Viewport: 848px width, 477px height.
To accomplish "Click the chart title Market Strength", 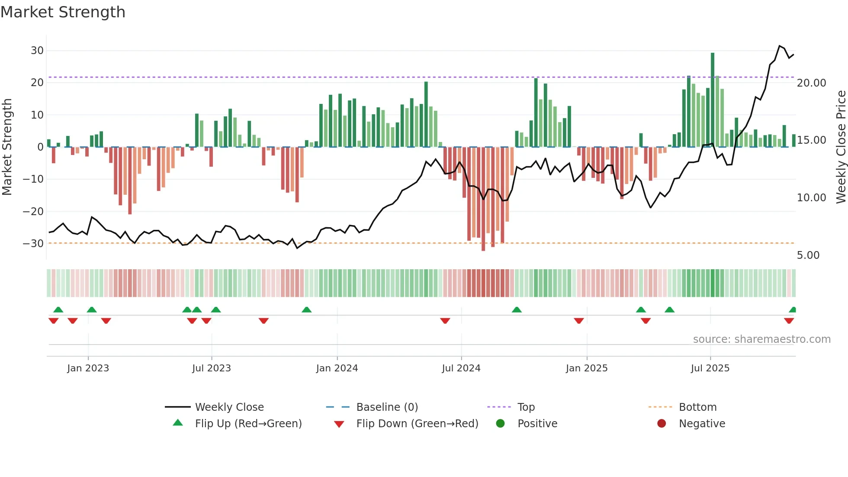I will (63, 12).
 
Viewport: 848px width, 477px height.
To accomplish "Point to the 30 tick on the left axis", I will (37, 51).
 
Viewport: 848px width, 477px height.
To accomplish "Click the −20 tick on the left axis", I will (33, 212).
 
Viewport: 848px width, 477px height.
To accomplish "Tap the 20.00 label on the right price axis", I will (811, 83).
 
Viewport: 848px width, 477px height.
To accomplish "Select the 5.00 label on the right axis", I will (808, 255).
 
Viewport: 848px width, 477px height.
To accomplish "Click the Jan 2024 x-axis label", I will (337, 368).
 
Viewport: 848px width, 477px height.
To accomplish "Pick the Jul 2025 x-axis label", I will (710, 368).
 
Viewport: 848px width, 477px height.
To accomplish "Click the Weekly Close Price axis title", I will (841, 147).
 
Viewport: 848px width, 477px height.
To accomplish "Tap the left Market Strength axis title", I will (7, 147).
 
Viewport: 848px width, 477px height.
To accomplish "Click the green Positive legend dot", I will (500, 424).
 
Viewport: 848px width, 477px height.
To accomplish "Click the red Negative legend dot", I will (661, 424).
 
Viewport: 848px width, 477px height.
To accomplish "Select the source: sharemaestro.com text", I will (761, 339).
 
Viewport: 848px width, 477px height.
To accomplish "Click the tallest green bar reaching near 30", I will (712, 100).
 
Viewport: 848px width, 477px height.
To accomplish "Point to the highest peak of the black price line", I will (779, 46).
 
